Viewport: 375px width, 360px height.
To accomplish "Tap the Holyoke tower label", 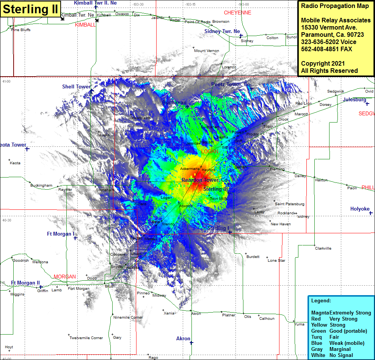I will coord(360,209).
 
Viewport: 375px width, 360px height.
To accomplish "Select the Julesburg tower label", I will coord(355,100).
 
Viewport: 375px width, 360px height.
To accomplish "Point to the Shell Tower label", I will coord(77,87).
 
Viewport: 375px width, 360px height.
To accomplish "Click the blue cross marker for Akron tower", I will coord(191,343).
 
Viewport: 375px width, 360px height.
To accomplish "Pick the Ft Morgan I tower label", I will coord(61,234).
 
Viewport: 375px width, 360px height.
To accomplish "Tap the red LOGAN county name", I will coord(210,151).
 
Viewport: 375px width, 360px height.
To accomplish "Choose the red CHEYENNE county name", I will coord(237,13).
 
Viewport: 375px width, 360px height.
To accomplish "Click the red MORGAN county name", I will coord(65,277).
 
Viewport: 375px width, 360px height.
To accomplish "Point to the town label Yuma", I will coord(300,324).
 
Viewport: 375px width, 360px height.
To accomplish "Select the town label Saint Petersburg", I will coord(289,204).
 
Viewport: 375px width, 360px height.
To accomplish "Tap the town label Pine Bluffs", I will coord(21,30).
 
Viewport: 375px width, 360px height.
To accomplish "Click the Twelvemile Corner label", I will coord(86,338).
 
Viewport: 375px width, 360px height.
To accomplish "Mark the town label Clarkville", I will coord(323,248).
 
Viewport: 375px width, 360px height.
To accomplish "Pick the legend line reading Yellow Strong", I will coord(328,325).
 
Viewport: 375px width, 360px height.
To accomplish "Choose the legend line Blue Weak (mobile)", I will coord(337,343).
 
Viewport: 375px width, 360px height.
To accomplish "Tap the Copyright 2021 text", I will coord(323,63).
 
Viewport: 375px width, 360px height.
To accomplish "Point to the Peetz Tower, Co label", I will coord(231,84).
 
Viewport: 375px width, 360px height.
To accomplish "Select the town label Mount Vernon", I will coord(206,51).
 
